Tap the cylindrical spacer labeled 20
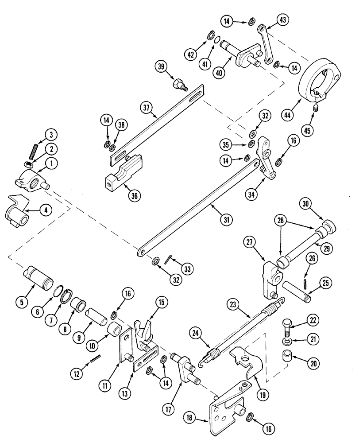[x=286, y=357]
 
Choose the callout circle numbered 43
[x=283, y=19]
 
